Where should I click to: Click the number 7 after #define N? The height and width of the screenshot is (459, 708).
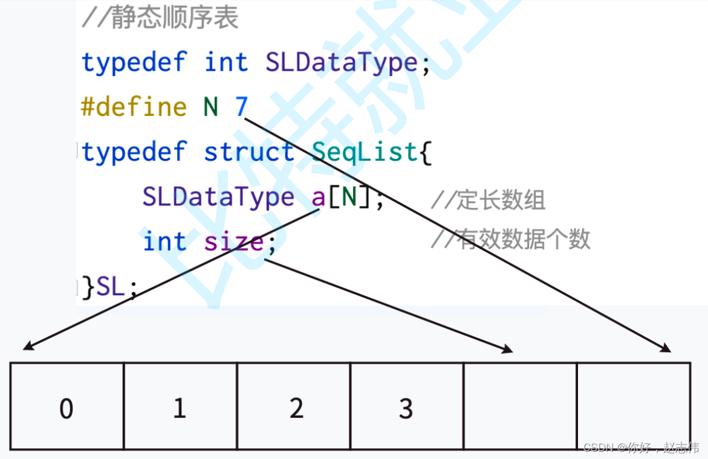click(241, 107)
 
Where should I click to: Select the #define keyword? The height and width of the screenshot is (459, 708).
click(134, 107)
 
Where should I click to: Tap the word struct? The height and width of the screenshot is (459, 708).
click(249, 152)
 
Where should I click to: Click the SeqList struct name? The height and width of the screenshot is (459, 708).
click(365, 152)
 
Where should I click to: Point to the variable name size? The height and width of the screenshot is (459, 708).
click(234, 242)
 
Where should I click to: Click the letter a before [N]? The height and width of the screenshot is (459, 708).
click(319, 197)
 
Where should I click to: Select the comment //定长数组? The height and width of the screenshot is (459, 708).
click(488, 200)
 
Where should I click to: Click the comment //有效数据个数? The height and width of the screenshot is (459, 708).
click(510, 240)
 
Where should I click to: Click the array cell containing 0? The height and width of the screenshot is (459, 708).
click(67, 406)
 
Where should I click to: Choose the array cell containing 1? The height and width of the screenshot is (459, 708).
click(180, 406)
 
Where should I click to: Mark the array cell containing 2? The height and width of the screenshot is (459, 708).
click(294, 406)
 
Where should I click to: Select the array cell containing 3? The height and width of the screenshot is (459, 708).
click(407, 406)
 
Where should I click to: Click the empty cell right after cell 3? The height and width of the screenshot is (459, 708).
click(521, 406)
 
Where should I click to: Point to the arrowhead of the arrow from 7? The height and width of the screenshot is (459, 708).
click(667, 349)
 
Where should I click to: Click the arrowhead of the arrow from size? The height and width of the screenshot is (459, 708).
click(508, 349)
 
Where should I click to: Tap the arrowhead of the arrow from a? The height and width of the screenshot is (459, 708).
click(27, 347)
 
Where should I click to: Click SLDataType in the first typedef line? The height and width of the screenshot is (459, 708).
click(342, 63)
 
